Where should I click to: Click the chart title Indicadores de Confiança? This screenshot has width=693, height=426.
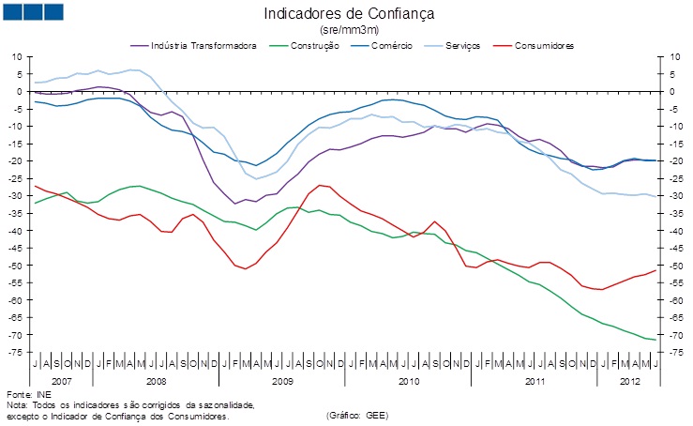pyautogui.click(x=349, y=14)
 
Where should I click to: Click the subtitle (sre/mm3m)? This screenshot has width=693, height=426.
pyautogui.click(x=349, y=30)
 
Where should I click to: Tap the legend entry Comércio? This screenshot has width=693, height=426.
pyautogui.click(x=395, y=45)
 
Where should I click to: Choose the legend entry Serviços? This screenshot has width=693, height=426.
pyautogui.click(x=473, y=45)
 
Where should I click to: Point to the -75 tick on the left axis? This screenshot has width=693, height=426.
pyautogui.click(x=16, y=352)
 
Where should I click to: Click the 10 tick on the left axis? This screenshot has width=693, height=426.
pyautogui.click(x=18, y=56)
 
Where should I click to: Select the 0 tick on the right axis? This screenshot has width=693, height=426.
pyautogui.click(x=670, y=91)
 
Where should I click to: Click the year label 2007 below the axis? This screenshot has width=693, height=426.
pyautogui.click(x=62, y=383)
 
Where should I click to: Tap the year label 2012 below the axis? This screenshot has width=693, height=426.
pyautogui.click(x=629, y=383)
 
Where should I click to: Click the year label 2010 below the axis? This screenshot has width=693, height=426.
pyautogui.click(x=408, y=383)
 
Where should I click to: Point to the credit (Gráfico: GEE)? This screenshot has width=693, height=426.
pyautogui.click(x=356, y=415)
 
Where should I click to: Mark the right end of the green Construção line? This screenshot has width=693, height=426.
pyautogui.click(x=655, y=340)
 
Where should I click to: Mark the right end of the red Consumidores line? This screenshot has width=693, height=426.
pyautogui.click(x=655, y=270)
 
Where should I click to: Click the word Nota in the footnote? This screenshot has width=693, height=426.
pyautogui.click(x=16, y=404)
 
